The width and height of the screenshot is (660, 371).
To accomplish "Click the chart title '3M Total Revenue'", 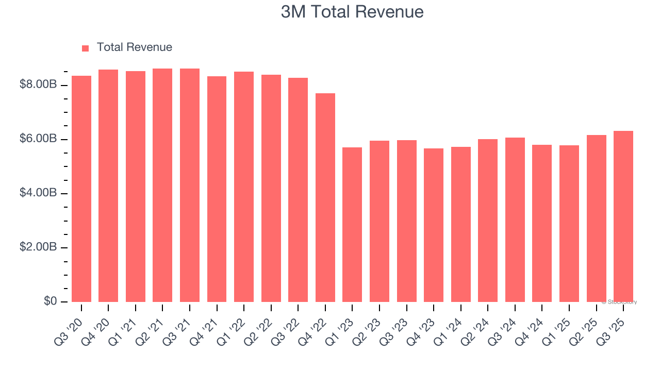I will (352, 12).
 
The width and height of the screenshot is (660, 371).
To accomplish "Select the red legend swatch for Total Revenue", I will (86, 48).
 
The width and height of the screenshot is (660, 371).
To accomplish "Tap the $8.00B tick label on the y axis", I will (38, 85).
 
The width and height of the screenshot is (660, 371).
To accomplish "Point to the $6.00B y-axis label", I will (38, 139).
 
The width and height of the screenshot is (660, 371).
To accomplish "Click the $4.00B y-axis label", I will (38, 193).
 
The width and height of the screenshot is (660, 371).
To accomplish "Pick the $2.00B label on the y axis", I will (38, 247).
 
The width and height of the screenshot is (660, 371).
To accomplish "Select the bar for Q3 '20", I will (81, 189).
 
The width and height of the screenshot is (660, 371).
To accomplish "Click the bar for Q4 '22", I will (325, 197).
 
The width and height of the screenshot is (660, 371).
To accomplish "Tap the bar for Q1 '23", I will (352, 225).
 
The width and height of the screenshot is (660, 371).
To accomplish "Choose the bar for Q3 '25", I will (623, 216).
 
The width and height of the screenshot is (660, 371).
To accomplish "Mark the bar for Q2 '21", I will (162, 185).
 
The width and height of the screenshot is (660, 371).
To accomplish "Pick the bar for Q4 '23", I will (434, 225).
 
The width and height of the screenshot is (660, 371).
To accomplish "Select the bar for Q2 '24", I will (488, 221).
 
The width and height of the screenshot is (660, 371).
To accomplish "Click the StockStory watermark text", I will (619, 302).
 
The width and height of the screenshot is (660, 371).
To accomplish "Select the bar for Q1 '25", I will (569, 224).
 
